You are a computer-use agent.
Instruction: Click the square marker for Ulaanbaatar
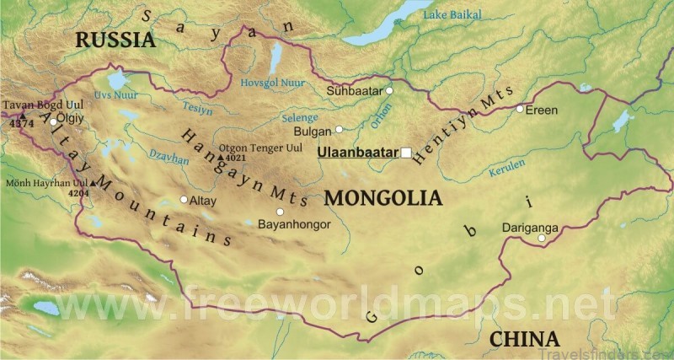pos(406,153)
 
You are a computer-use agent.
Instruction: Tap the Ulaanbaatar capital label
pos(357,153)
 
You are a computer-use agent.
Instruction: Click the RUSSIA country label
pos(115,39)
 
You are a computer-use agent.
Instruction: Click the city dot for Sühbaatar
pos(389,90)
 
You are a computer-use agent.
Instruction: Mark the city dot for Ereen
pos(520,109)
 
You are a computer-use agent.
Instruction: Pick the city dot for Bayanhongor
pos(280,212)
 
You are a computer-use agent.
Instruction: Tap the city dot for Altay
pos(184,200)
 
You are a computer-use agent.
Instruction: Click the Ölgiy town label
pos(70,119)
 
